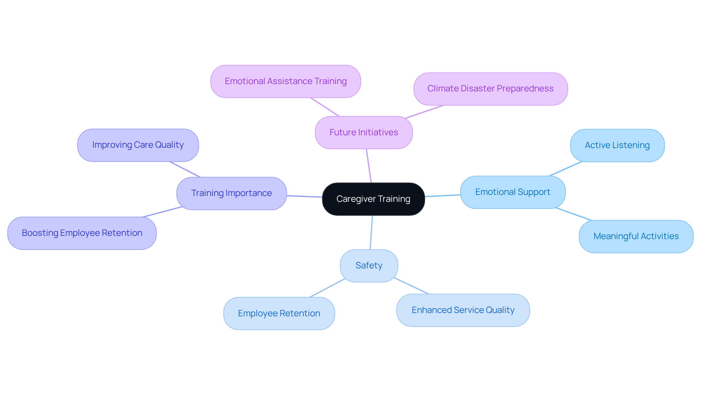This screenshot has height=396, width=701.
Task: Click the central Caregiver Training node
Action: point(373,199)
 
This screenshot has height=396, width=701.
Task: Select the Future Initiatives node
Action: point(364,132)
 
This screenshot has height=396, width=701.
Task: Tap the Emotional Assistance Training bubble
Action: point(286,81)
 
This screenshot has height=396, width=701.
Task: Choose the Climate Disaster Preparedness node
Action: point(490,89)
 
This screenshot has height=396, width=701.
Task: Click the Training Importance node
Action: point(231,193)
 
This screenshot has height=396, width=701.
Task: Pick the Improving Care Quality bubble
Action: point(138,145)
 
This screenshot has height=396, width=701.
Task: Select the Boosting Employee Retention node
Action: point(82,233)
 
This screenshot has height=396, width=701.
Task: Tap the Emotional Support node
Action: point(513,192)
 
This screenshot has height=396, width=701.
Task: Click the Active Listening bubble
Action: point(617,146)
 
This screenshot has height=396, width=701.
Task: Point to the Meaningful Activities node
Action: point(636,237)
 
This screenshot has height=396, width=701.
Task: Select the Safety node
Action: point(369,266)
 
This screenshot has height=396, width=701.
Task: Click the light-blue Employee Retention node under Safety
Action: point(279,314)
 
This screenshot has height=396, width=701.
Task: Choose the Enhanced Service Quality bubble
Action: point(463,310)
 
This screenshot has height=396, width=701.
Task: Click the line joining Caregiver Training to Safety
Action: point(371,233)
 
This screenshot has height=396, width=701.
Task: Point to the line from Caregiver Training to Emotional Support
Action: point(443,196)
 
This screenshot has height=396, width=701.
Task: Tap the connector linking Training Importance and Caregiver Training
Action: point(304,196)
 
